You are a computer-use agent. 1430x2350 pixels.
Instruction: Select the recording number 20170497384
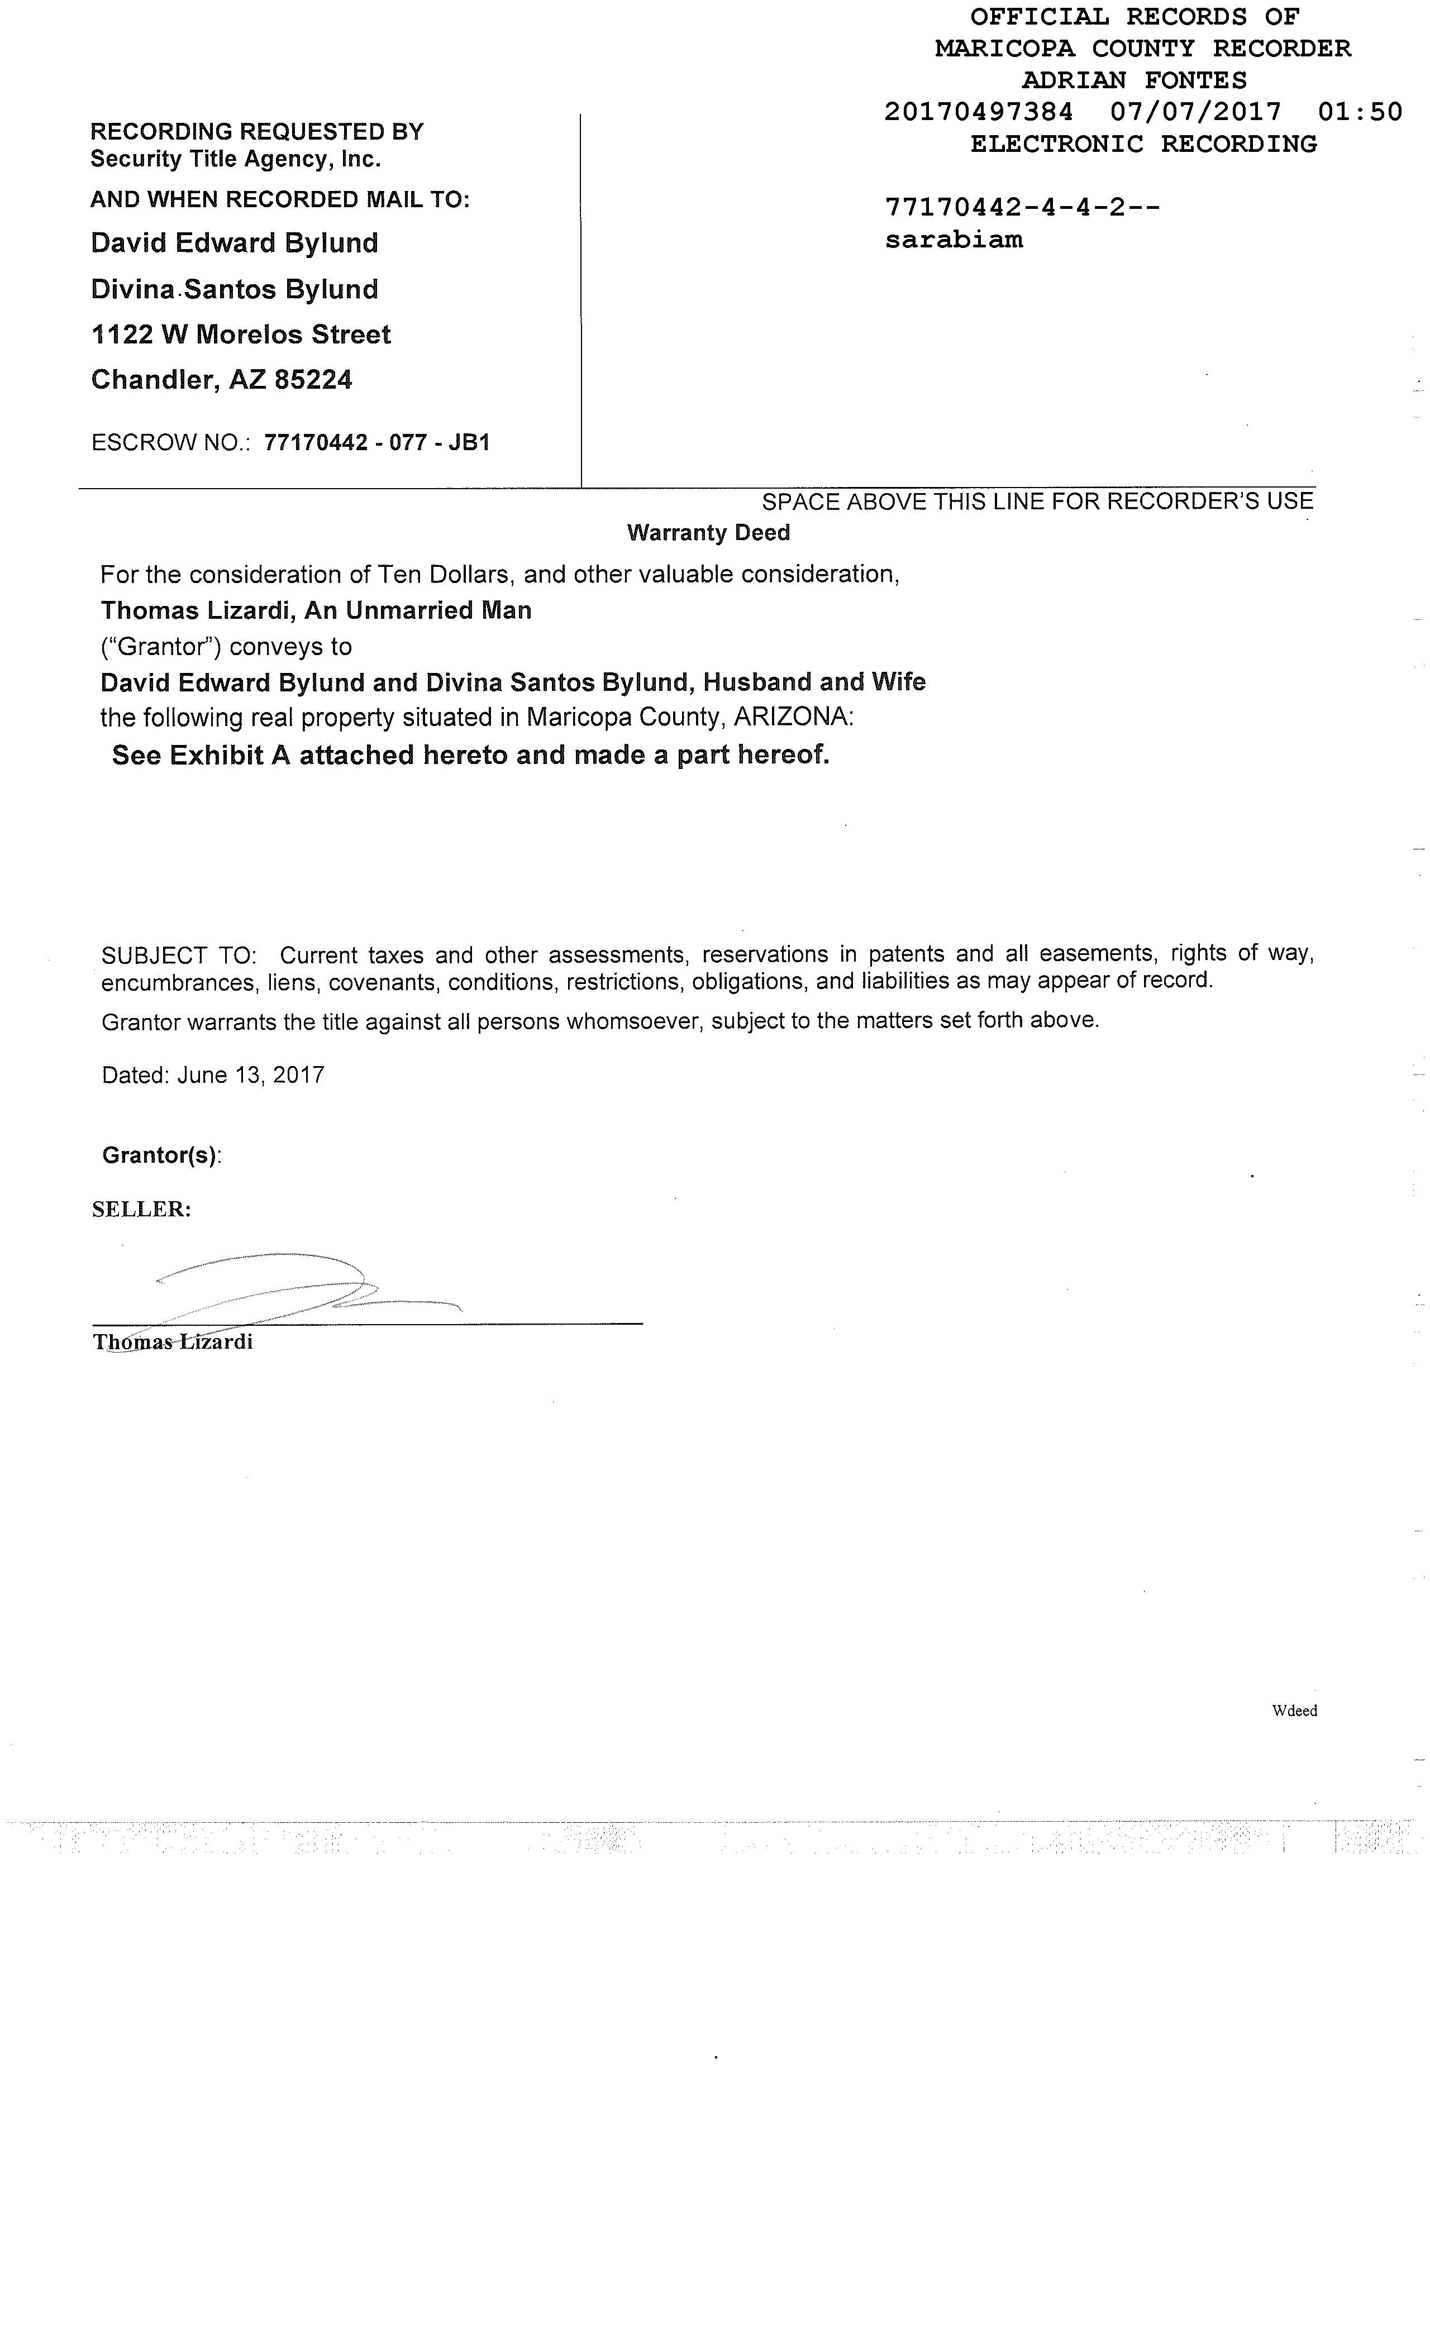(x=978, y=113)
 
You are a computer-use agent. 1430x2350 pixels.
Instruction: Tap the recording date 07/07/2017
(x=1195, y=113)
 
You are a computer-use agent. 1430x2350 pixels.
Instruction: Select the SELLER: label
(x=141, y=1209)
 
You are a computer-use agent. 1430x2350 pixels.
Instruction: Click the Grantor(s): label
(x=161, y=1156)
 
